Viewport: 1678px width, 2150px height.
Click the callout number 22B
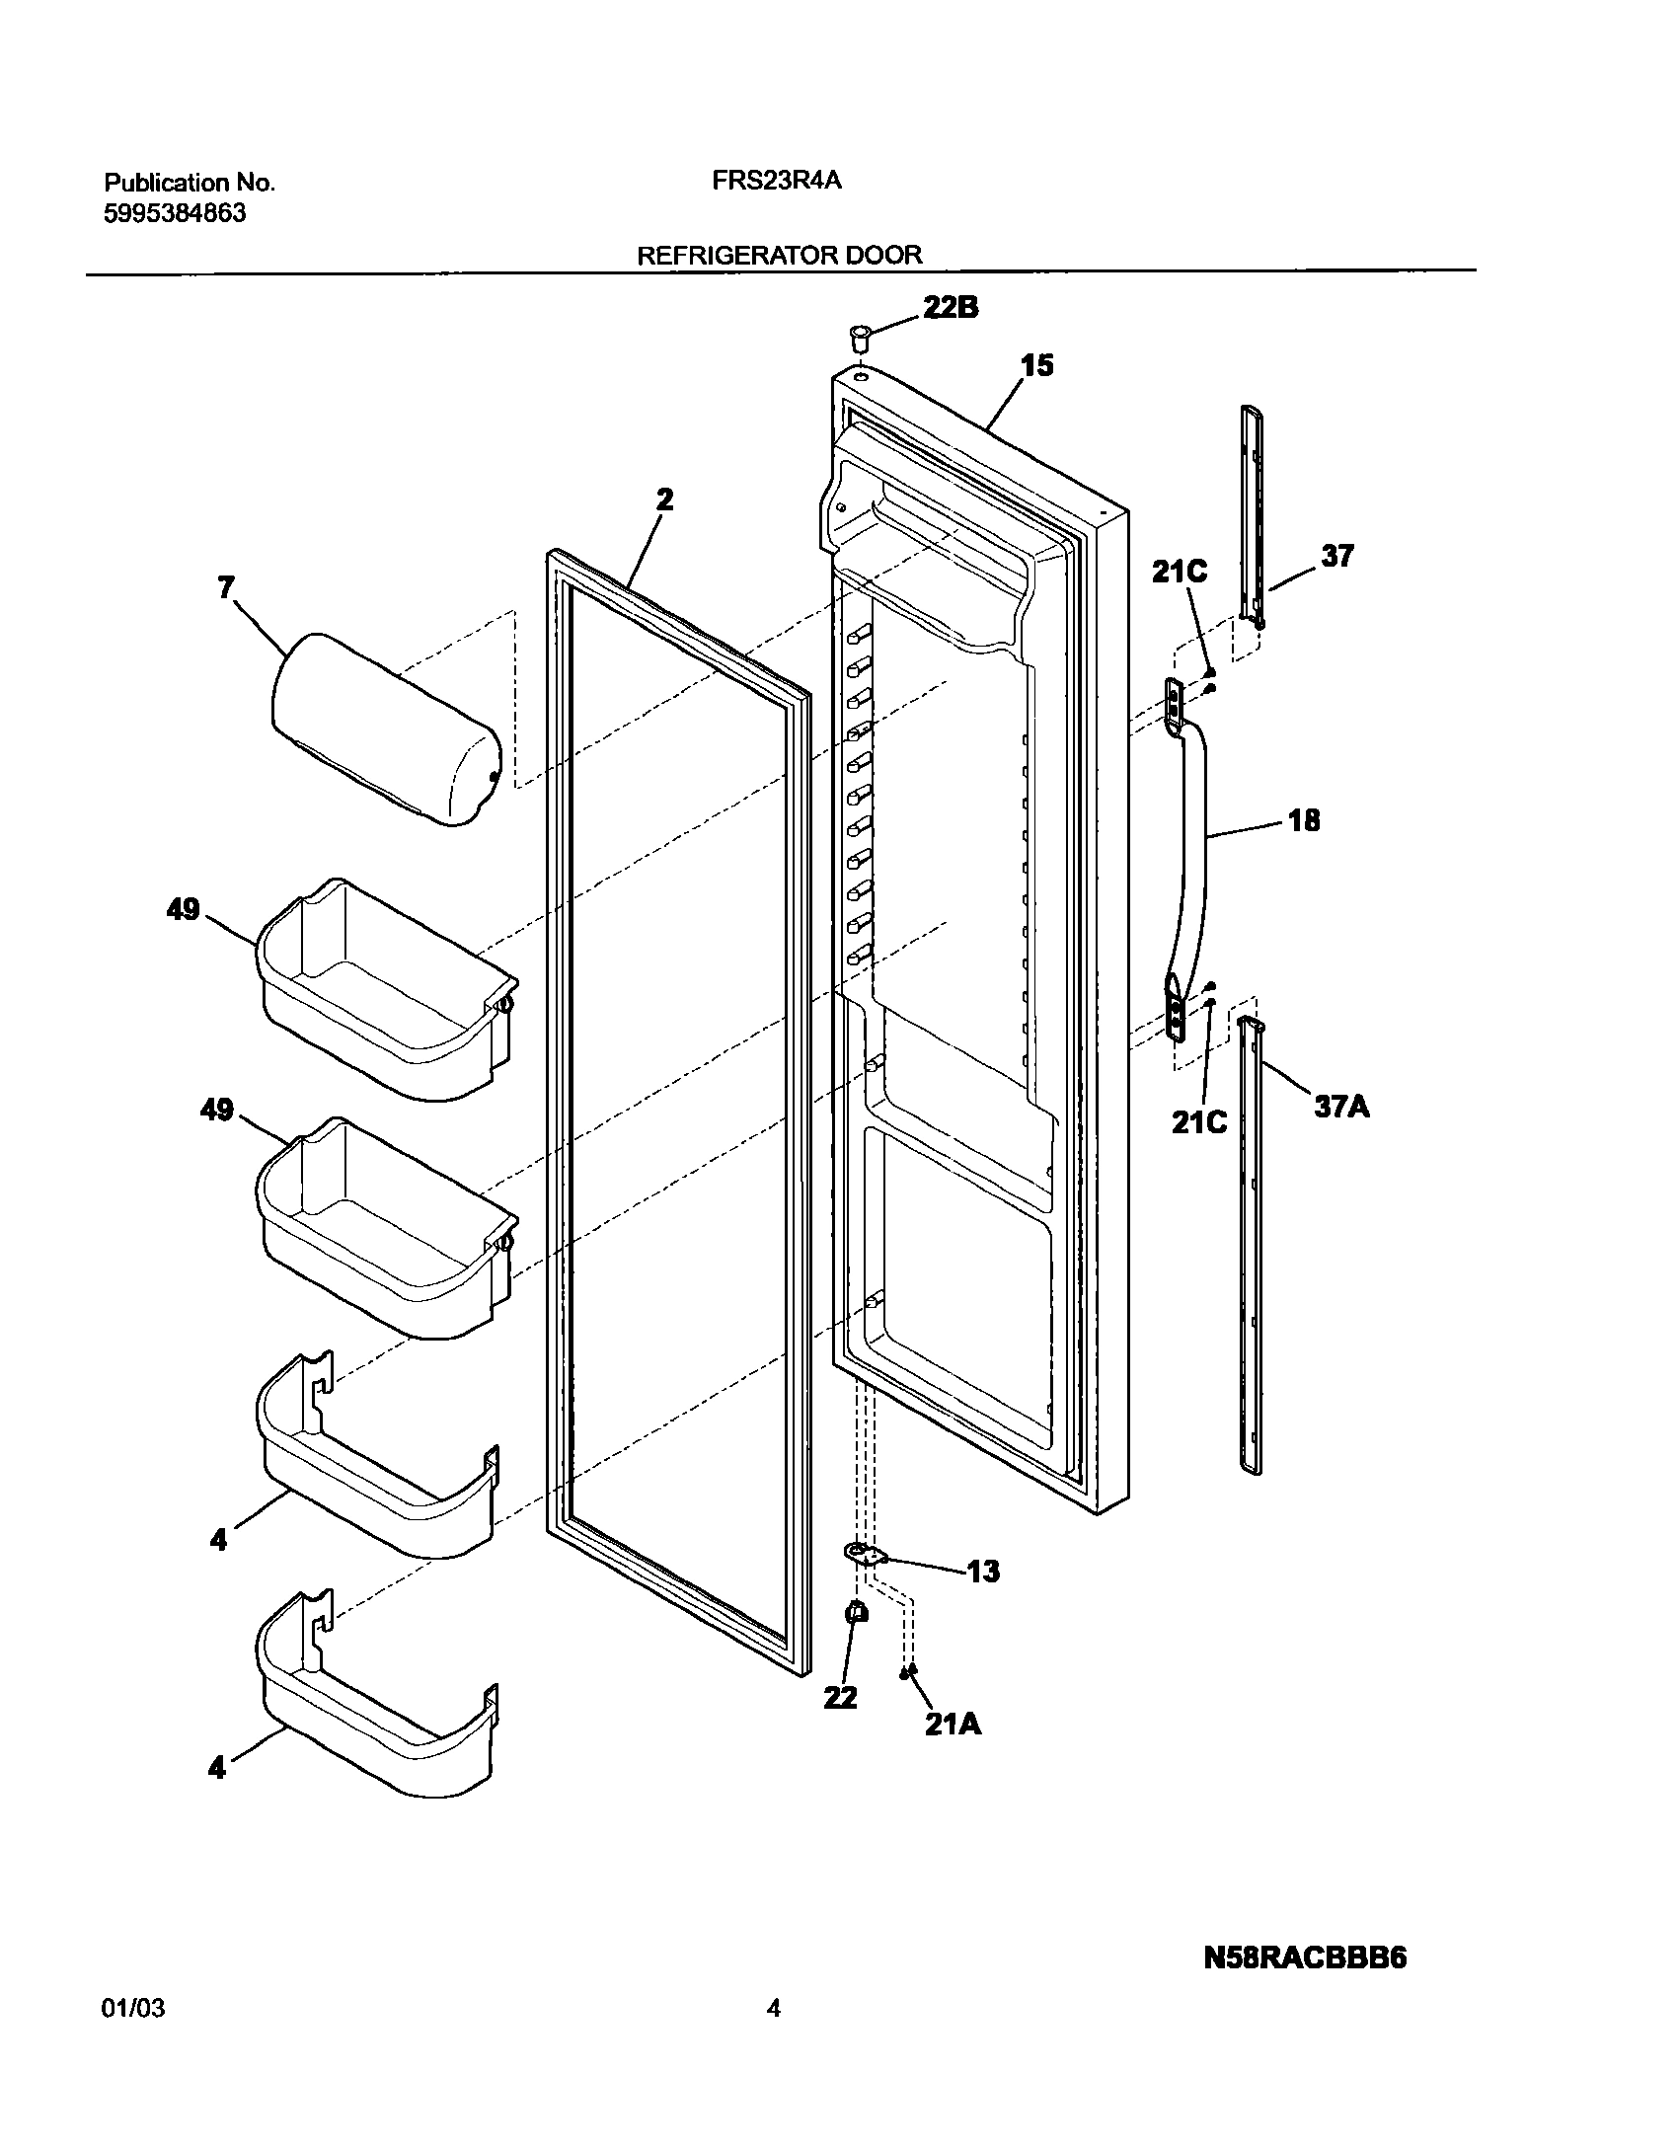tap(951, 308)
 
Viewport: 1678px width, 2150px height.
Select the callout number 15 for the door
tap(1036, 366)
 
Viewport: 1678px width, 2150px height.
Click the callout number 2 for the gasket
tap(664, 499)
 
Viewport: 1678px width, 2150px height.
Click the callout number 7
tap(226, 588)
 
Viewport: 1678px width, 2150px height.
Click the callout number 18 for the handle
tap(1303, 820)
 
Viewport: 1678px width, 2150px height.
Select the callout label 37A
tap(1341, 1107)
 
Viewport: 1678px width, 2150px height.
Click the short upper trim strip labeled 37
tap(1252, 513)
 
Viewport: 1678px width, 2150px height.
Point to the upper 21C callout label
tap(1180, 572)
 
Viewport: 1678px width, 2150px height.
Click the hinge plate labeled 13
tap(865, 1555)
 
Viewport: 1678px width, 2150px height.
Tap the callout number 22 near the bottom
tap(841, 1698)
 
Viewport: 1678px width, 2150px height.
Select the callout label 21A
tap(953, 1724)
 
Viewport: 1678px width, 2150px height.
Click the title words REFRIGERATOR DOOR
tap(779, 255)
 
